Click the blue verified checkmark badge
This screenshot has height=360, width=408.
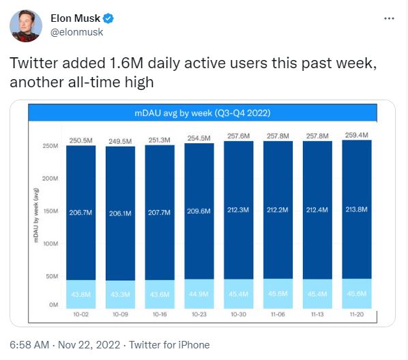108,18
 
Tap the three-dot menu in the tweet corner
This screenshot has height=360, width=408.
389,18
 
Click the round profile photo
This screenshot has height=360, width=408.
26,26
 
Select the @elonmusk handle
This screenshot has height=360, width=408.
77,32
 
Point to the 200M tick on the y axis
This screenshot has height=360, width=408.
50,179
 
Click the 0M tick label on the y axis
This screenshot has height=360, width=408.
54,305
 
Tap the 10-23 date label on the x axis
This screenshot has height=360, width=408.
199,314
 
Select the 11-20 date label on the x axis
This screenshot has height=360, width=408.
356,314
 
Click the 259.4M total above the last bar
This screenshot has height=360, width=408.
356,135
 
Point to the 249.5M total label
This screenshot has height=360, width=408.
120,142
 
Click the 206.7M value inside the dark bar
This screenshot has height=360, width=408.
81,213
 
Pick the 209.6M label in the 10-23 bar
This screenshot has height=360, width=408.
199,211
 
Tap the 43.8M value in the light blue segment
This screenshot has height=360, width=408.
81,295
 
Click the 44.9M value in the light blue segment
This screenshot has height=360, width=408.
199,294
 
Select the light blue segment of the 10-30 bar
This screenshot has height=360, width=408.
238,294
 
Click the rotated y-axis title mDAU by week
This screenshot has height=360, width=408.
36,215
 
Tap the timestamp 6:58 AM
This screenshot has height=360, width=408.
29,345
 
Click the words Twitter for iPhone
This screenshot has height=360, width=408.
169,345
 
